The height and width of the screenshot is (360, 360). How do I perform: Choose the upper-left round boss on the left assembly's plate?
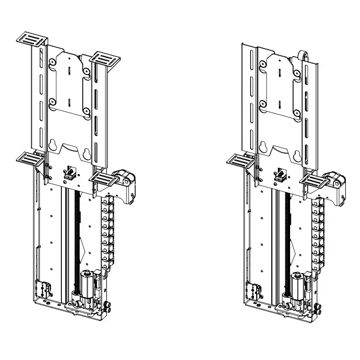pos(52,63)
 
